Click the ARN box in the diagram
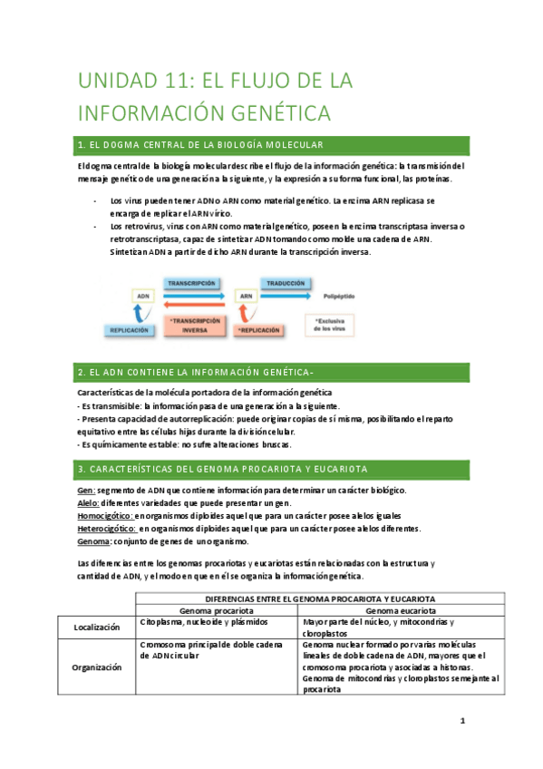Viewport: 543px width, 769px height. point(245,297)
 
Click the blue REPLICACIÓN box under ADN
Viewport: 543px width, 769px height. point(130,331)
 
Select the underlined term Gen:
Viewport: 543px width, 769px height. point(87,490)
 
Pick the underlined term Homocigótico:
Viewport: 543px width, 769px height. point(105,515)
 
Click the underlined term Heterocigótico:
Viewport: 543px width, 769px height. point(107,528)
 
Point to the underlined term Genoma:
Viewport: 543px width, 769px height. point(94,541)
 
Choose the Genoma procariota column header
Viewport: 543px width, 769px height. point(216,611)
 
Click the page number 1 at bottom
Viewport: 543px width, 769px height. point(461,722)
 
